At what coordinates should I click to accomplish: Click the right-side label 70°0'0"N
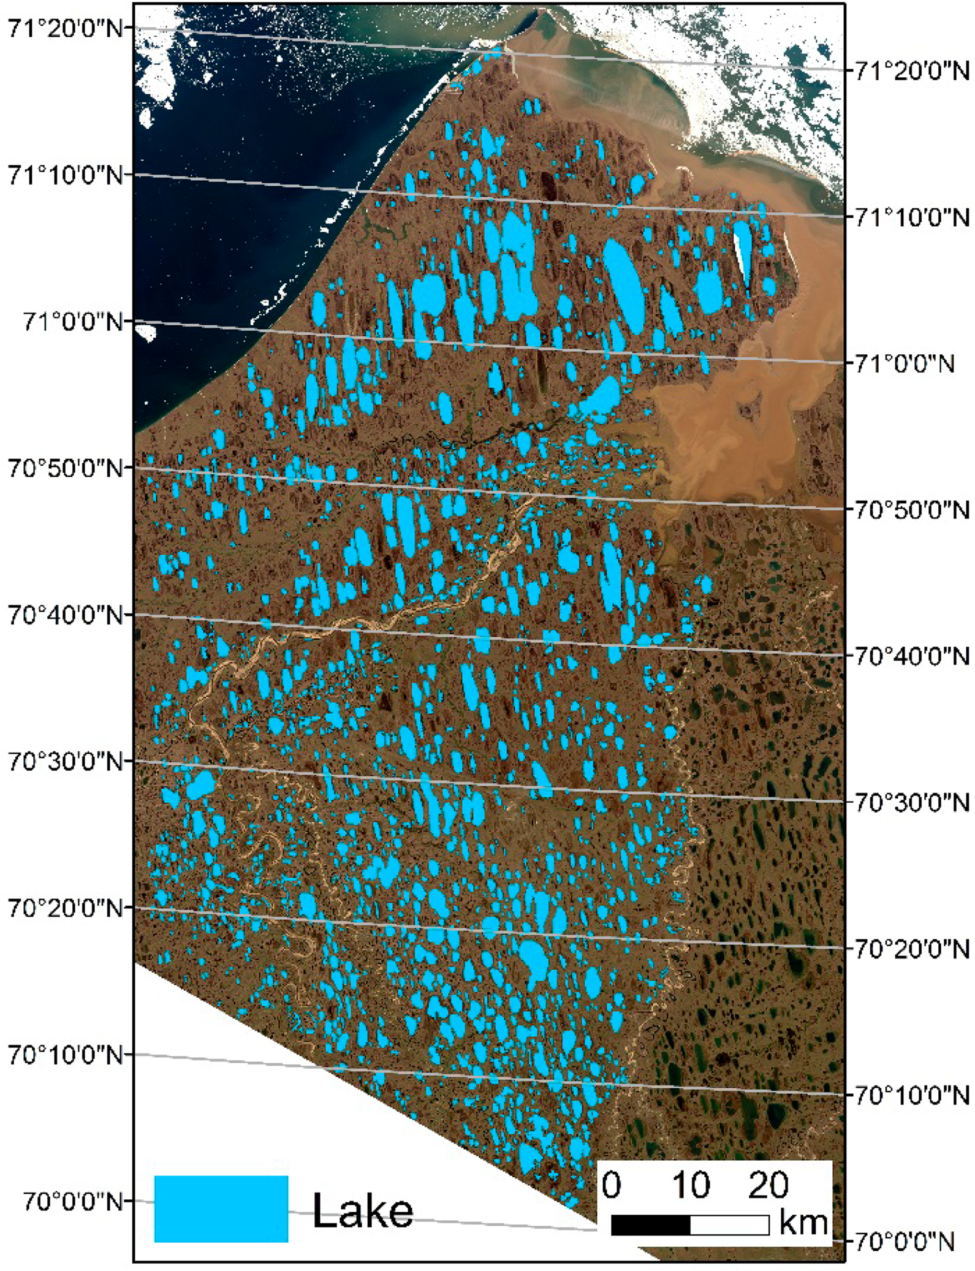pos(905,1242)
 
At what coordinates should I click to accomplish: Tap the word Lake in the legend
pos(363,1210)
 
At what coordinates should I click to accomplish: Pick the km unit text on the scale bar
pos(803,1223)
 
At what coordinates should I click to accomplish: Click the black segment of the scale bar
pos(651,1225)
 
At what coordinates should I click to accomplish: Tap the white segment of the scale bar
pos(729,1225)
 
